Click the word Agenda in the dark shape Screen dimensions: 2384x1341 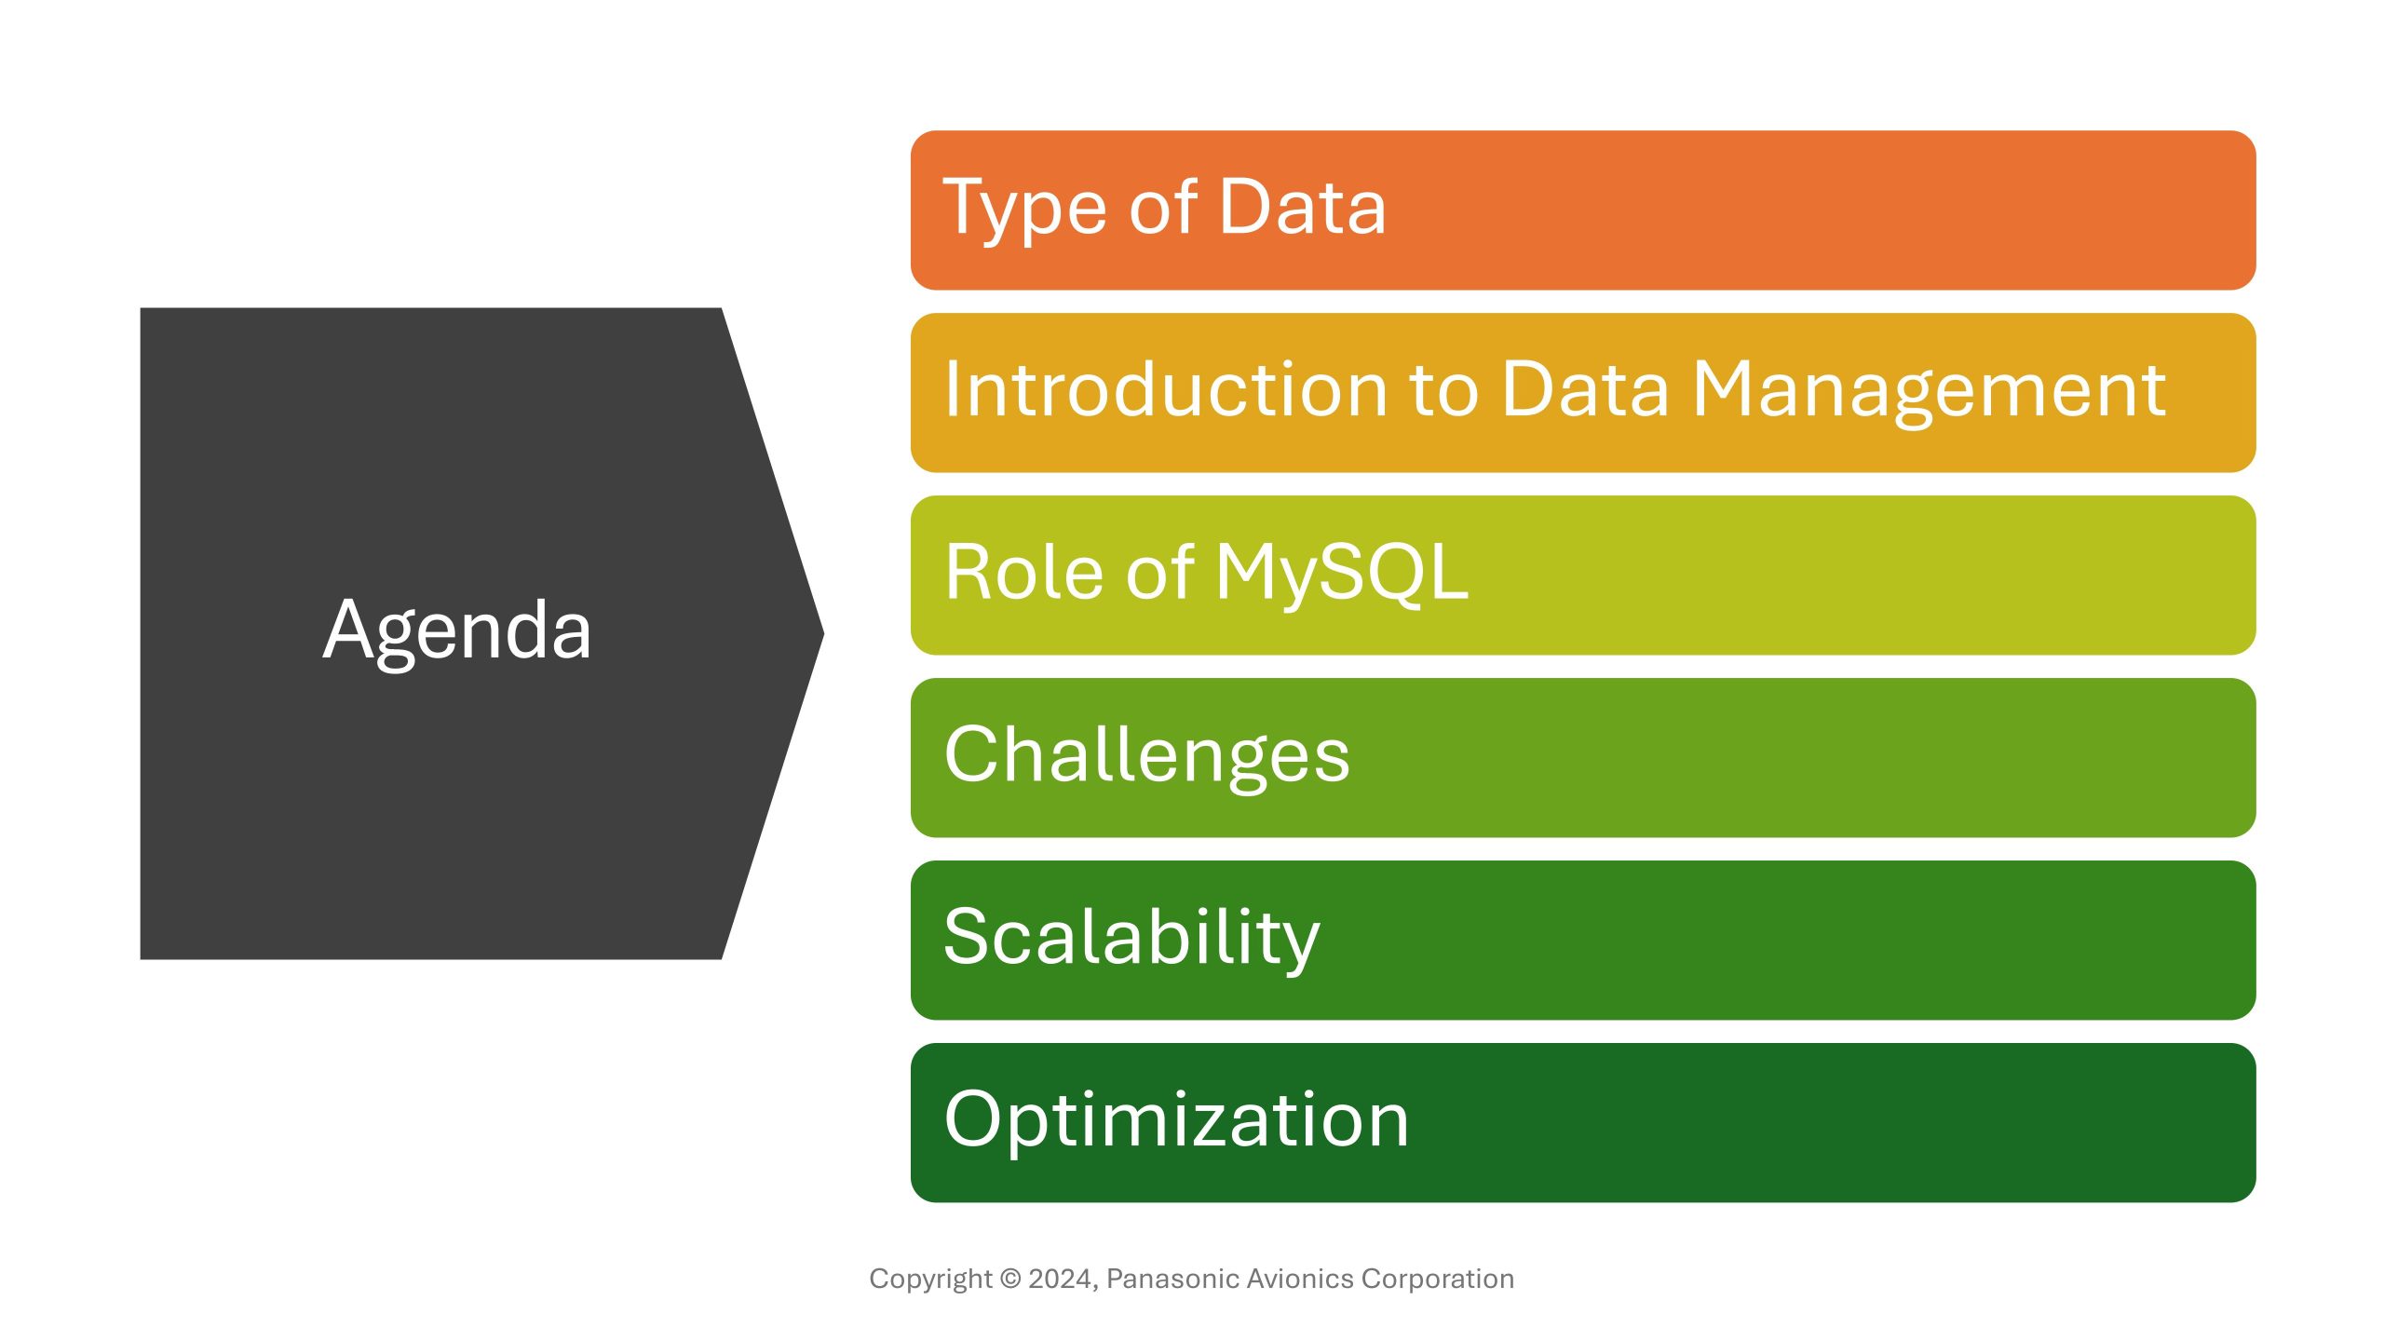(x=457, y=632)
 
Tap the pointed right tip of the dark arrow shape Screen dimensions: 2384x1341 (x=824, y=634)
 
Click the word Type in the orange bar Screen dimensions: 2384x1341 (x=1027, y=210)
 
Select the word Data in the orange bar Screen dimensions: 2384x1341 (x=1302, y=206)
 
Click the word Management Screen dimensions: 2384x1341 (x=1929, y=392)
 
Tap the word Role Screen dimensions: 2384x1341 (x=1023, y=572)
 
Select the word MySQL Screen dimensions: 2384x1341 (x=1342, y=575)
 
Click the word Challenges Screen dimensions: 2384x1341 (x=1146, y=756)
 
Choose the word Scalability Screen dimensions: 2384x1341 (x=1131, y=939)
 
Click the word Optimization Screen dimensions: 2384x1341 (x=1176, y=1121)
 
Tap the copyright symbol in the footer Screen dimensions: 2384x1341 (x=1010, y=1279)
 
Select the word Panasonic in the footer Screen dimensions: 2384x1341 (x=1172, y=1279)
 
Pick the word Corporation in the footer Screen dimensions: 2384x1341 (x=1438, y=1280)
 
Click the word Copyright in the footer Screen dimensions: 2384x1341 (x=930, y=1280)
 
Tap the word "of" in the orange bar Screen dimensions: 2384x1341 (x=1164, y=206)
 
